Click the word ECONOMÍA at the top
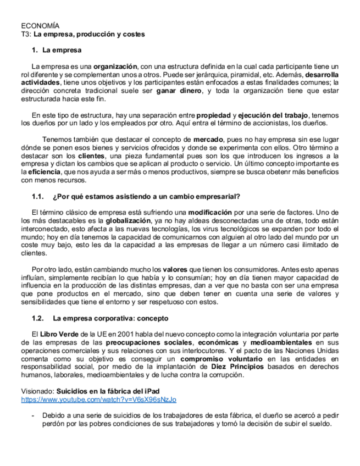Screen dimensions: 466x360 40,26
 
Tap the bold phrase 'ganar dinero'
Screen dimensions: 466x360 179,91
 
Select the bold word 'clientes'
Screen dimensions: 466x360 90,156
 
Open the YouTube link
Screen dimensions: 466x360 99,400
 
